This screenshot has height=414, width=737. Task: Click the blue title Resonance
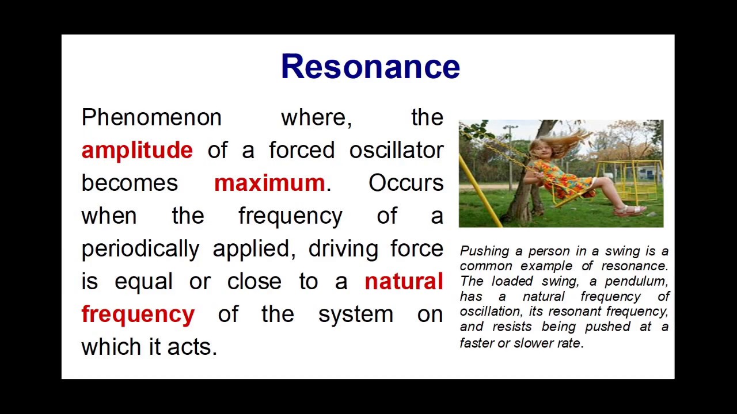[x=370, y=67]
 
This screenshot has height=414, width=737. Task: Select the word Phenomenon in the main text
[x=151, y=118]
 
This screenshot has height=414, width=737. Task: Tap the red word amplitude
[x=137, y=151]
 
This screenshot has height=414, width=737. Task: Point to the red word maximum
[x=269, y=183]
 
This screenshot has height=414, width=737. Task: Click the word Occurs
[x=406, y=183]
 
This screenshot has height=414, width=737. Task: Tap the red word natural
[x=404, y=282]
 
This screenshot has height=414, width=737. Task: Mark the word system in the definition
[x=355, y=315]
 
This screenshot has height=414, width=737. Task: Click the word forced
[x=302, y=151]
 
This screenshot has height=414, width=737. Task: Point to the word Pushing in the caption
[x=484, y=251]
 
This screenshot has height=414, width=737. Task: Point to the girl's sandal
[x=629, y=210]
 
